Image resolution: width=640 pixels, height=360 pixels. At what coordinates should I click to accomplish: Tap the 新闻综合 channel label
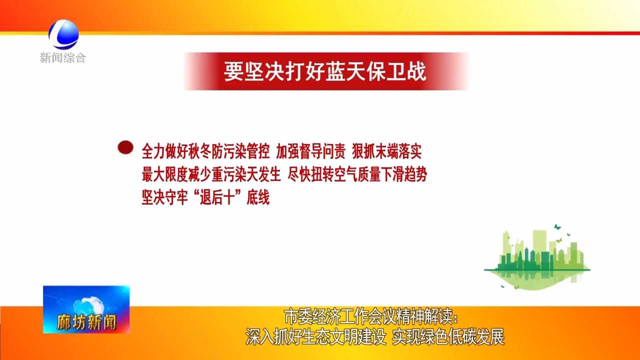click(63, 57)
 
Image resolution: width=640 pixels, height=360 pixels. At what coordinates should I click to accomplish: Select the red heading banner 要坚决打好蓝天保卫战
click(325, 71)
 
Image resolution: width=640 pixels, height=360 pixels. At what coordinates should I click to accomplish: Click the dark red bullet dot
click(125, 147)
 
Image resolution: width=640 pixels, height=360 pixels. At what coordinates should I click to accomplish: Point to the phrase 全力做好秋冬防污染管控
click(205, 151)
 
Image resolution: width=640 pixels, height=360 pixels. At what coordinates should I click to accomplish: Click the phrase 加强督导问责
click(311, 151)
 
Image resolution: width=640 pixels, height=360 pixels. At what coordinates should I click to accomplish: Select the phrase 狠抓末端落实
click(387, 151)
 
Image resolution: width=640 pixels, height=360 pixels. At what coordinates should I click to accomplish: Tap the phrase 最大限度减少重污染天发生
click(211, 174)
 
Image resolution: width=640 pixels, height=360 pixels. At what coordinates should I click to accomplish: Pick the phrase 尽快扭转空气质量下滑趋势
click(357, 174)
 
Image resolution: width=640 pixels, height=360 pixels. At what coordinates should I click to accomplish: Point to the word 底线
click(258, 197)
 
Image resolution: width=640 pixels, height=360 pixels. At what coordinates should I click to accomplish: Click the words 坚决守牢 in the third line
click(165, 197)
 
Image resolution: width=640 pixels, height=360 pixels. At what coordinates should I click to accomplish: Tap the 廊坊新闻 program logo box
click(86, 309)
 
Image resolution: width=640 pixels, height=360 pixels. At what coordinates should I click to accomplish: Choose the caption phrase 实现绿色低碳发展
click(448, 337)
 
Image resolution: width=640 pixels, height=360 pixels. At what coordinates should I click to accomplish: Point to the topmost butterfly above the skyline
click(557, 227)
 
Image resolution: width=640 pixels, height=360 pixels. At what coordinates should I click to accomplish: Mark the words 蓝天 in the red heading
click(335, 71)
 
